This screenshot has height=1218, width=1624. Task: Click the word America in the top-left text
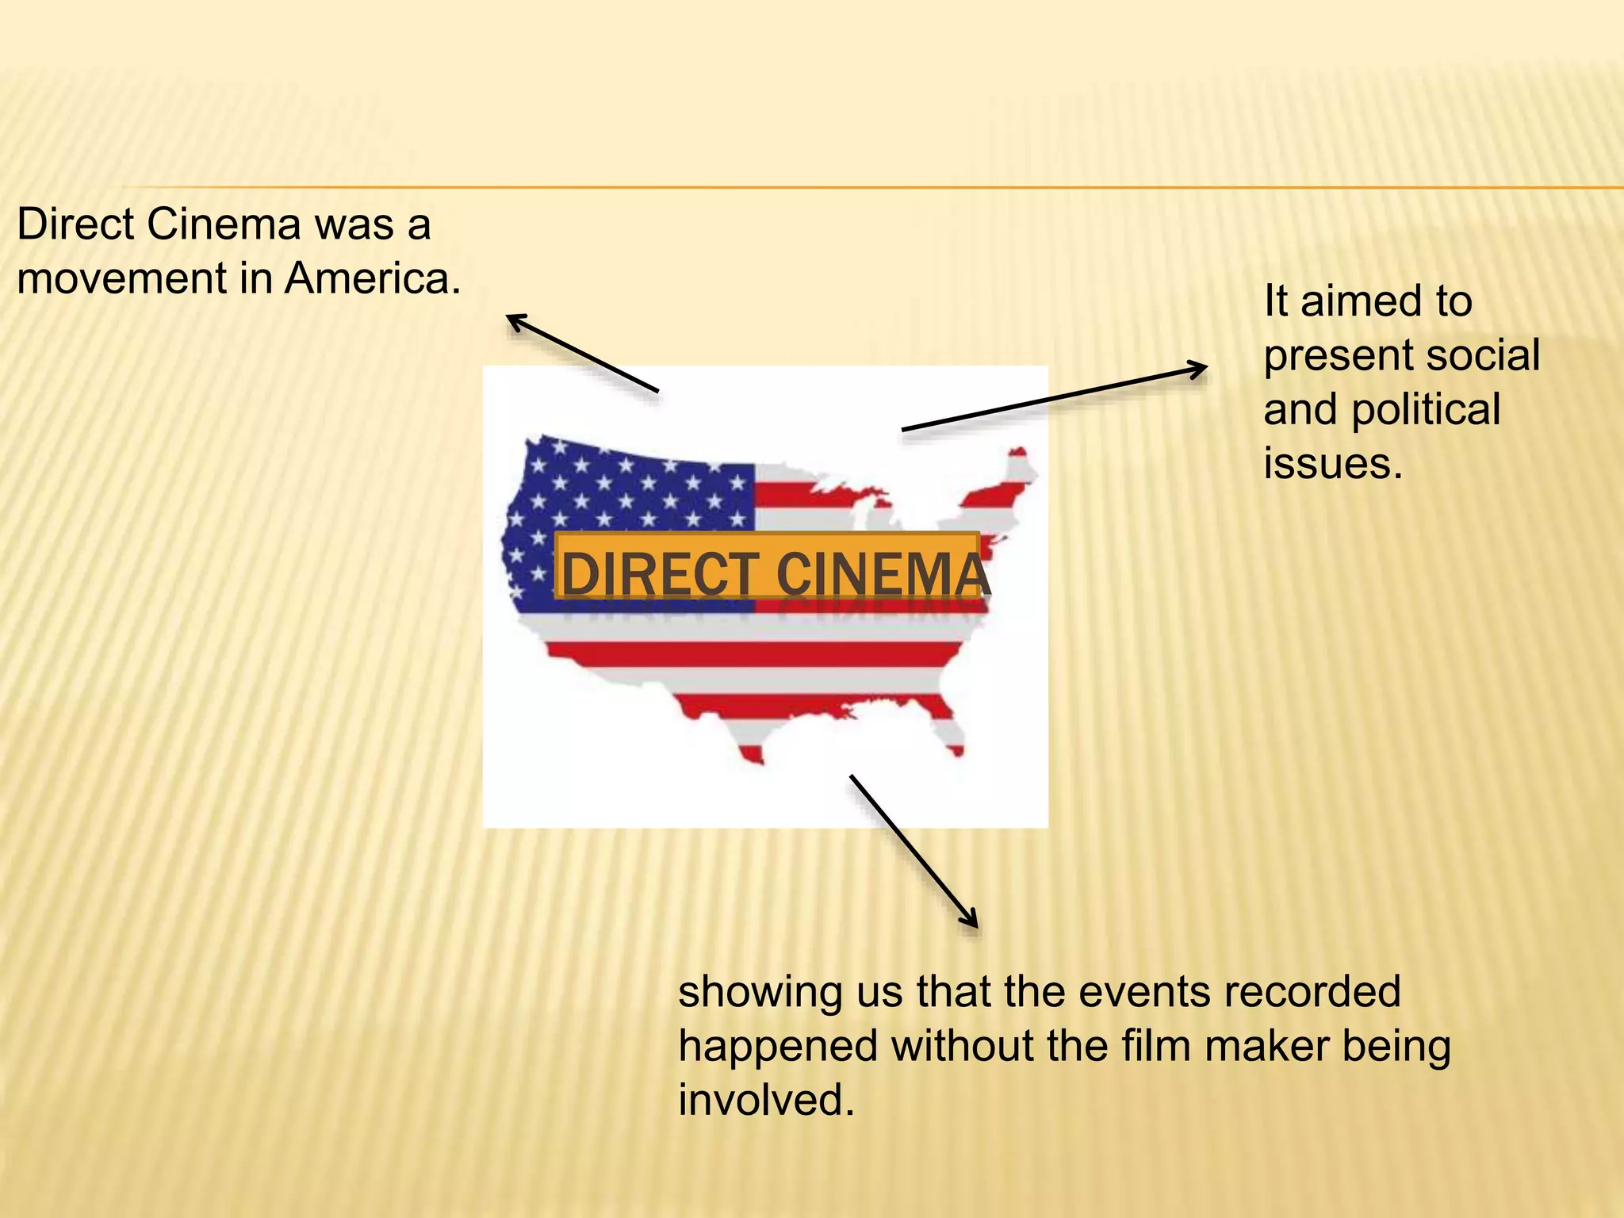click(372, 279)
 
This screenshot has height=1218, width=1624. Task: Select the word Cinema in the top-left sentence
click(224, 224)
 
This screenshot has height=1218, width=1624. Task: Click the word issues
click(1332, 464)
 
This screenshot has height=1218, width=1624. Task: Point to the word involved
click(766, 1101)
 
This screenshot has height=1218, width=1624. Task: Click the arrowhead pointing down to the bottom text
click(972, 921)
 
